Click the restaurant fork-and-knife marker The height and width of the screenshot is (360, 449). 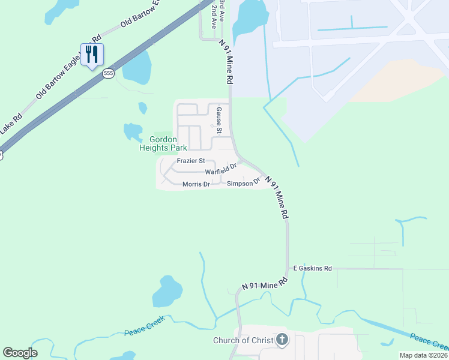[92, 55]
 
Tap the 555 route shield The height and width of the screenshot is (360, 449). [108, 73]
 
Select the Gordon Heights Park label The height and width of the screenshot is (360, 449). [163, 143]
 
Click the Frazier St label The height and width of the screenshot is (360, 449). [191, 161]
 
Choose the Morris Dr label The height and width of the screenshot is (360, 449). [196, 184]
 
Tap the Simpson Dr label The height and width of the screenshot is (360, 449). [243, 182]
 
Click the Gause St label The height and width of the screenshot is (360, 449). [220, 121]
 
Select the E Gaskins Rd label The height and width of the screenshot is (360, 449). [312, 269]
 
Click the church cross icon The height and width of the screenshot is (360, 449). [282, 340]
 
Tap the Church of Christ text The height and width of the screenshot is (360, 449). [243, 341]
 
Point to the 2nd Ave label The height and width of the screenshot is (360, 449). [214, 19]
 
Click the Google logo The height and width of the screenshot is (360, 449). [20, 353]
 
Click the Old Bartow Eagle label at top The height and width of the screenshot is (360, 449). [142, 14]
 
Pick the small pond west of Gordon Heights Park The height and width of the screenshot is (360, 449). [133, 131]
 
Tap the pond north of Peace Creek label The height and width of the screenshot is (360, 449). [167, 292]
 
